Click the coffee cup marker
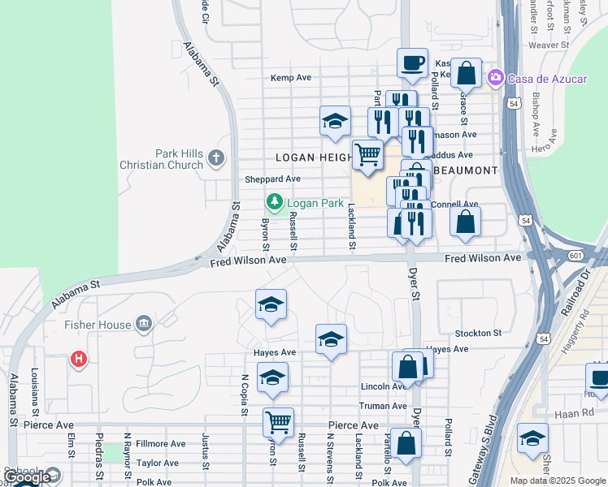coord(413,62)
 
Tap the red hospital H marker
coord(79,358)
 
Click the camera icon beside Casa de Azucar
coord(494,77)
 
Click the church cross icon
coord(216,158)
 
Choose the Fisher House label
coord(98,325)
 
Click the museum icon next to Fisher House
coord(144,325)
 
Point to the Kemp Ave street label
coord(291,78)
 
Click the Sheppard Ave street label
coord(272,179)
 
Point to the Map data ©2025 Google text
coord(558,481)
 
